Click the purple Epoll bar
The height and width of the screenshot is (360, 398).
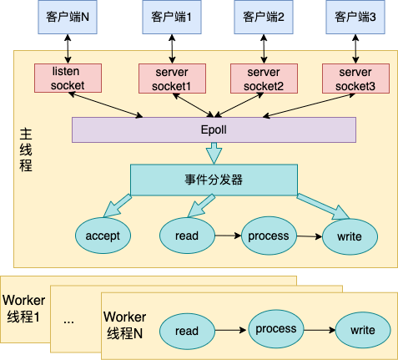[214, 129]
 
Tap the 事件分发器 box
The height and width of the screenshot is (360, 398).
[214, 178]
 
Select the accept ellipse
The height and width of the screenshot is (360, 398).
[103, 236]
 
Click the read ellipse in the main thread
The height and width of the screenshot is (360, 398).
[186, 236]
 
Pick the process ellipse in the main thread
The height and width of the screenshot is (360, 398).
[269, 236]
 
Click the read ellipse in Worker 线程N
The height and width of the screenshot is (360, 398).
[187, 331]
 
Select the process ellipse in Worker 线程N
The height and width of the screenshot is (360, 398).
[276, 328]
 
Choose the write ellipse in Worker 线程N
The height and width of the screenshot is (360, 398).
[363, 331]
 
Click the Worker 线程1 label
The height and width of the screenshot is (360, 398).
[24, 308]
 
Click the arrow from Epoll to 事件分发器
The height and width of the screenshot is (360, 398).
[214, 153]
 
